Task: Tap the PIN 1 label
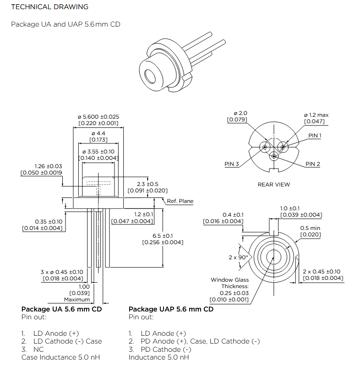[315, 136]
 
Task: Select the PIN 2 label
[313, 164]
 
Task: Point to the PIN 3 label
[232, 164]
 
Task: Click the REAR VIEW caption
[273, 185]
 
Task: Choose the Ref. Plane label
[180, 201]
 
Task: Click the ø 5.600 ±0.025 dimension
[99, 117]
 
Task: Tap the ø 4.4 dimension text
[98, 133]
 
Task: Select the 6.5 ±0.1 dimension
[163, 235]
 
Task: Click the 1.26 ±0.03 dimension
[48, 166]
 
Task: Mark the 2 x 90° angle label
[238, 257]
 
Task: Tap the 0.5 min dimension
[310, 228]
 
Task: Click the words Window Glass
[230, 280]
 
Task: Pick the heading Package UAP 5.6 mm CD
[171, 309]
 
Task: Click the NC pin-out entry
[39, 349]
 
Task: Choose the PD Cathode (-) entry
[163, 349]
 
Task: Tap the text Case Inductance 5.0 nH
[60, 357]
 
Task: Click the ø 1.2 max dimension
[316, 115]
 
